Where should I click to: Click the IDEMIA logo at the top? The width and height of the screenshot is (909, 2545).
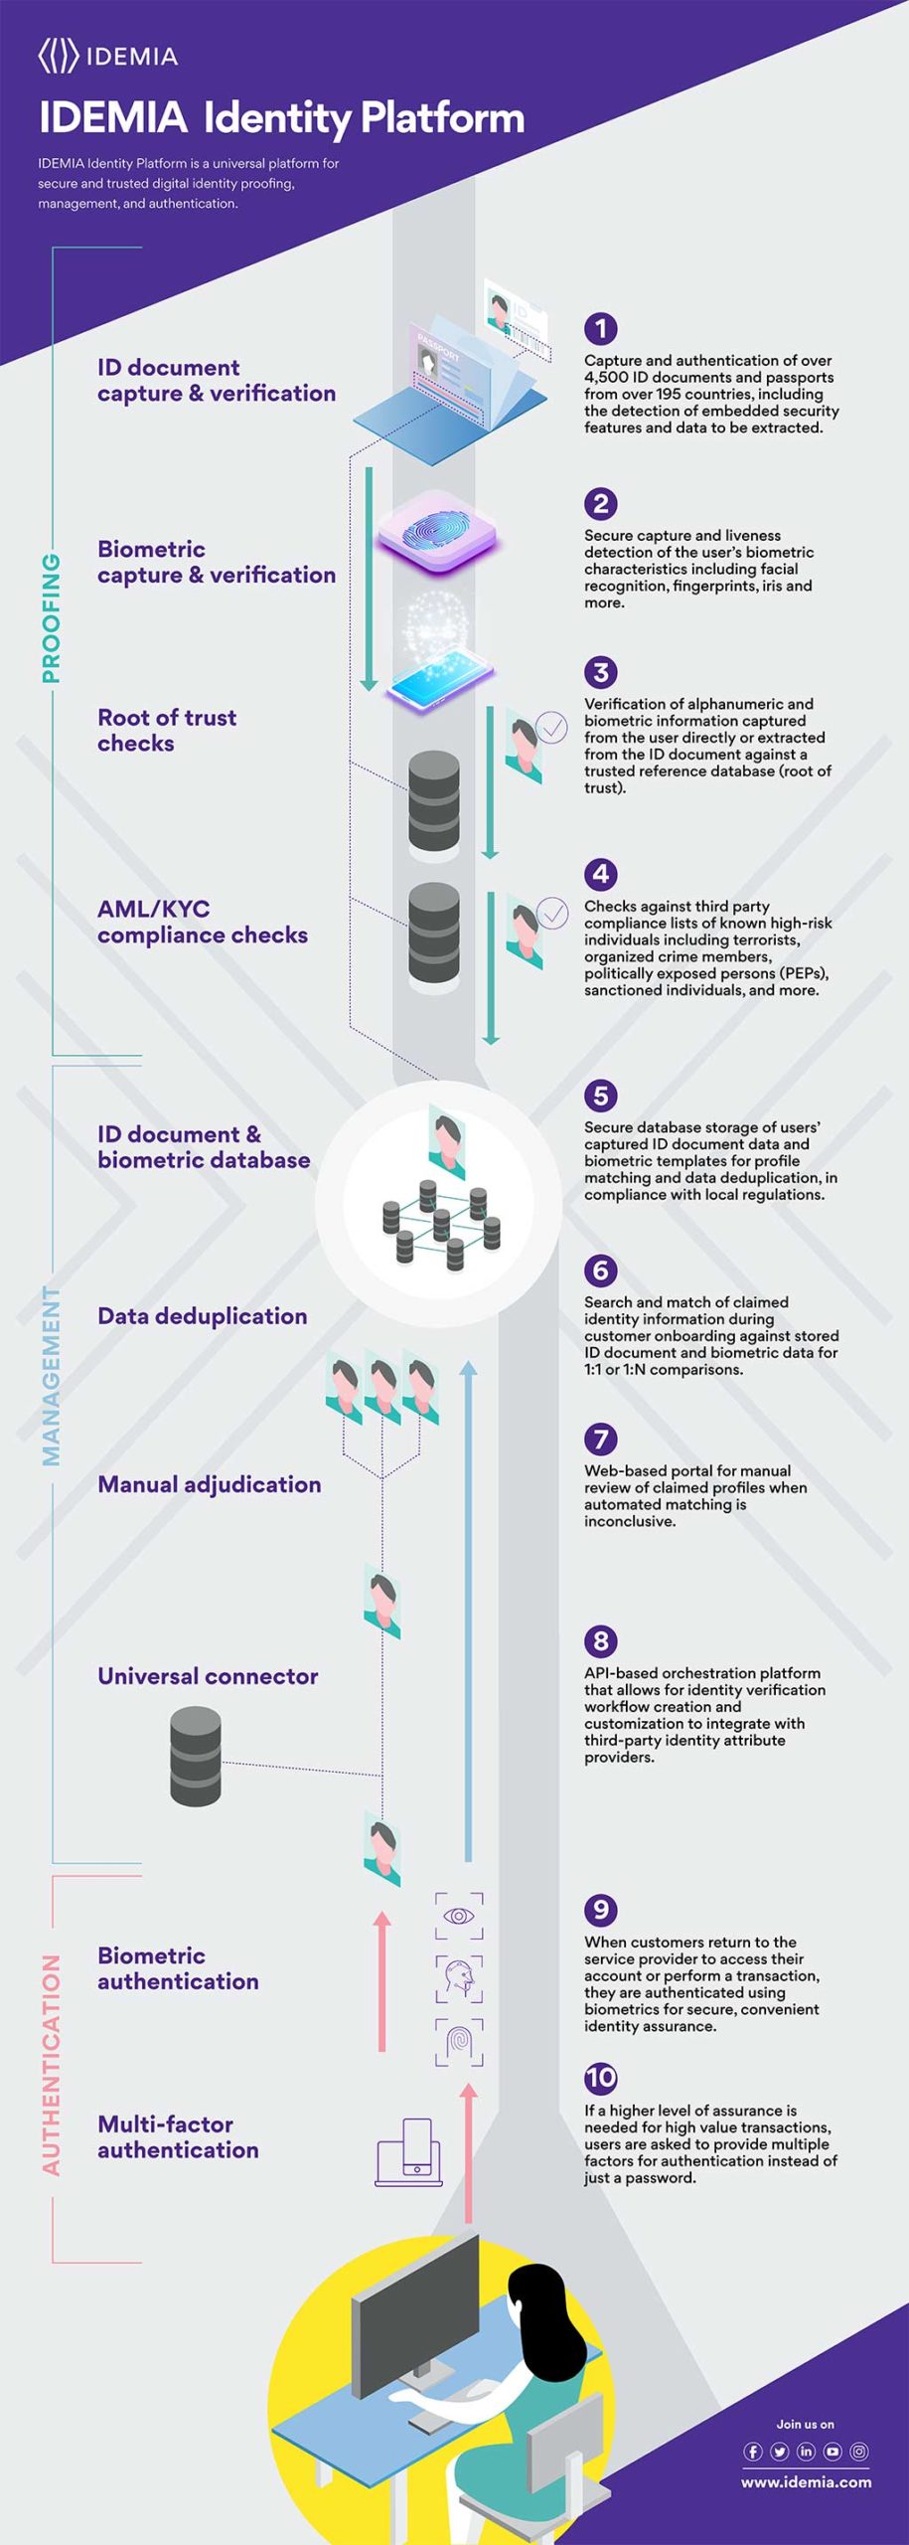click(107, 57)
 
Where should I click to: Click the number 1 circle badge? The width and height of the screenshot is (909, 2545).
click(600, 328)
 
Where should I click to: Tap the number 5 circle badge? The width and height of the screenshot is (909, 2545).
click(600, 1096)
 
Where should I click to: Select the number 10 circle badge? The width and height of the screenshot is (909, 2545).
click(600, 2078)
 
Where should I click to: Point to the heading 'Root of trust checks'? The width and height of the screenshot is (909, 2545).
click(167, 730)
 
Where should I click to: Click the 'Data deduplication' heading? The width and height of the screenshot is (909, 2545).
click(203, 1315)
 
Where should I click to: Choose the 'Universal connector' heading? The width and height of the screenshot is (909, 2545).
click(208, 1675)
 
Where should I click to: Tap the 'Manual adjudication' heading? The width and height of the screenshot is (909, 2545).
click(210, 1483)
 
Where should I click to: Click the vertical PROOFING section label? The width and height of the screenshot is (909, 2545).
click(51, 618)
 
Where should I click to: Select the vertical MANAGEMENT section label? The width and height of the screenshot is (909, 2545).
click(51, 1376)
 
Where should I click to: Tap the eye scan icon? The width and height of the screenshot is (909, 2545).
click(458, 1916)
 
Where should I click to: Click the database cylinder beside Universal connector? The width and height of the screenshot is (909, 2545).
click(196, 1756)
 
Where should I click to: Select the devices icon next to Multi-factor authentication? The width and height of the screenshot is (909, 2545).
click(409, 2152)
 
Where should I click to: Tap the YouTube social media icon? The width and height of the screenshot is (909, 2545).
click(833, 2452)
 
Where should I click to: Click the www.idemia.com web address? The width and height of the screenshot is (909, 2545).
click(806, 2481)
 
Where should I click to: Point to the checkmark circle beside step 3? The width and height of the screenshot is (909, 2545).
click(551, 728)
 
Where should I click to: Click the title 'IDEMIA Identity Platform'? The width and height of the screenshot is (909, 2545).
click(281, 117)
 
